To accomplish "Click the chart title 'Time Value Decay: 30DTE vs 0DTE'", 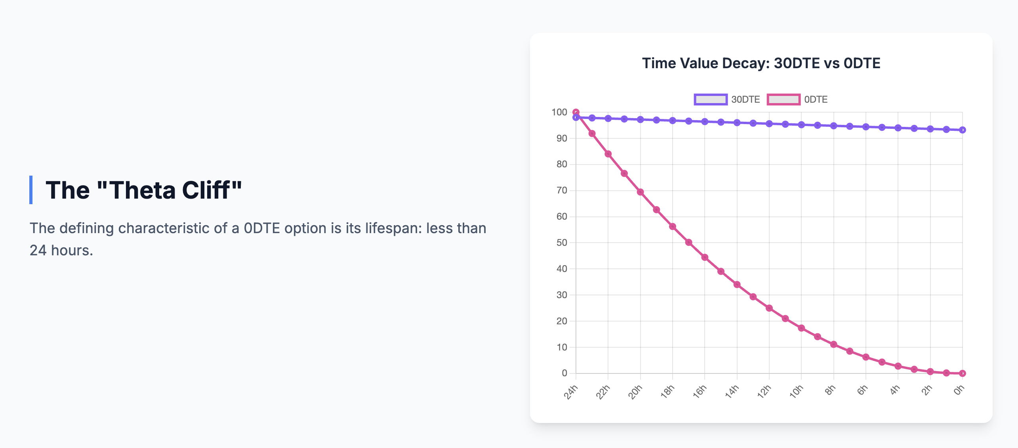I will (x=761, y=63).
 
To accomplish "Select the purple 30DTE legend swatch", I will (x=711, y=99).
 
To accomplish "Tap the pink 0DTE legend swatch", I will (x=783, y=99).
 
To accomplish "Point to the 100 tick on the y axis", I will (x=559, y=112).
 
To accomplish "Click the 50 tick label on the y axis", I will (x=562, y=243).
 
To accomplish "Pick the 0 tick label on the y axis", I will (x=564, y=373).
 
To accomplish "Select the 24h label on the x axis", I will (x=571, y=392).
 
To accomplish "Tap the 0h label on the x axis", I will (x=959, y=391).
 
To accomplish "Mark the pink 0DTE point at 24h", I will (x=576, y=112).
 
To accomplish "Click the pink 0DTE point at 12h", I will (x=769, y=308).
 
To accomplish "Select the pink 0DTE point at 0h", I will (x=963, y=373).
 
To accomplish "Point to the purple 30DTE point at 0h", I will (x=963, y=130).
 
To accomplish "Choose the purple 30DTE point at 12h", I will (x=769, y=124).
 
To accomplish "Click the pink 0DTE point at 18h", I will (x=673, y=226).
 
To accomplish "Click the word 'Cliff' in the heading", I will (x=206, y=190).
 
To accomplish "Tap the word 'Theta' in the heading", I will (x=143, y=190).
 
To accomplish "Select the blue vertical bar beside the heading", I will (x=31, y=190).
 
